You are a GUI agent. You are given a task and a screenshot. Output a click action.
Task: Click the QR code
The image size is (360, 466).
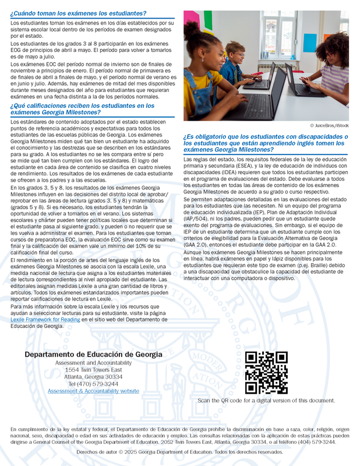coord(266,373)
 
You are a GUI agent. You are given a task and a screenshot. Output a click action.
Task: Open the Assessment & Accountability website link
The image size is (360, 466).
coord(93,391)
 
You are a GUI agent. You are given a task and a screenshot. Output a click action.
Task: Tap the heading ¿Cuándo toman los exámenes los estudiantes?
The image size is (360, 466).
coord(78,13)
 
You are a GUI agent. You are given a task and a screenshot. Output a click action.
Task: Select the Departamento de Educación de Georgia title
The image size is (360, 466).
coord(93,355)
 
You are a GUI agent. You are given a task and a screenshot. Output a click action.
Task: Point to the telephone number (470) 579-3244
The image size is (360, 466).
coord(93,384)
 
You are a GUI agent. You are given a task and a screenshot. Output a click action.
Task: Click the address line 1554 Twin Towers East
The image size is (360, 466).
coord(93,370)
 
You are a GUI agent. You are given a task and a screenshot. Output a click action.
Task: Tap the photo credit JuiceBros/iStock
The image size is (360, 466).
coord(329,125)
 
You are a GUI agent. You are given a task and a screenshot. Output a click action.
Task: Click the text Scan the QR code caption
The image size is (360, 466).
coord(266,401)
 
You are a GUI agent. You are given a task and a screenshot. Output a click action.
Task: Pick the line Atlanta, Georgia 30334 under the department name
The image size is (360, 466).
coord(93,377)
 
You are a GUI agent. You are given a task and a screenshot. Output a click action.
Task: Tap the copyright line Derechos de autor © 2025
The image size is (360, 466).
coord(180,452)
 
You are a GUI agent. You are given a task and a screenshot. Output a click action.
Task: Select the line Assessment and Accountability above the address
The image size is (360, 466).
coord(93,363)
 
